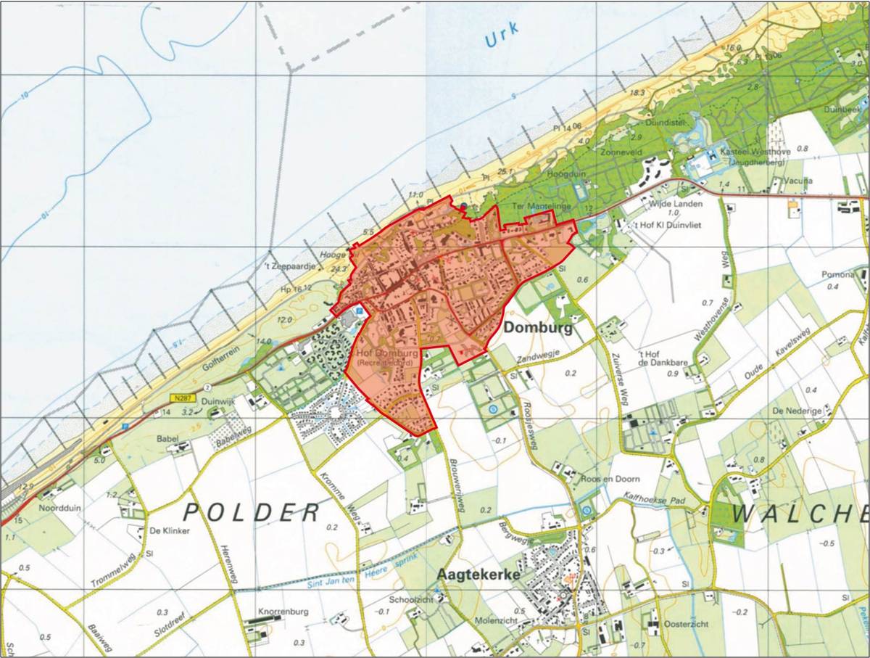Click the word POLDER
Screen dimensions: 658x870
pos(251,513)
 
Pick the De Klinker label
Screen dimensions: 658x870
pos(169,531)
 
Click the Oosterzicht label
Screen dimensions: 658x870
pos(684,624)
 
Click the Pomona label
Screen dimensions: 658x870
pos(838,275)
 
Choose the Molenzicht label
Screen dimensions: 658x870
pos(494,622)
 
